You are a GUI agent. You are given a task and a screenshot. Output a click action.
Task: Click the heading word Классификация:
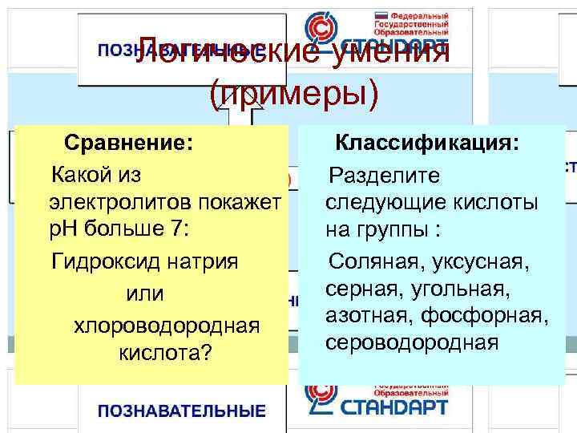point(426,142)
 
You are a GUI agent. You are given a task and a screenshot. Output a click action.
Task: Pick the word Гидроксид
point(100,261)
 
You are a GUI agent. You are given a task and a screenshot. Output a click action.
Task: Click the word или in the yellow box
point(145,294)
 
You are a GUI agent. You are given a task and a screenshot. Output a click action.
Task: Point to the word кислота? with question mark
point(165,353)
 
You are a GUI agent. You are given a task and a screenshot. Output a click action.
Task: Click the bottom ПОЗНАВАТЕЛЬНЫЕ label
point(181,412)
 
